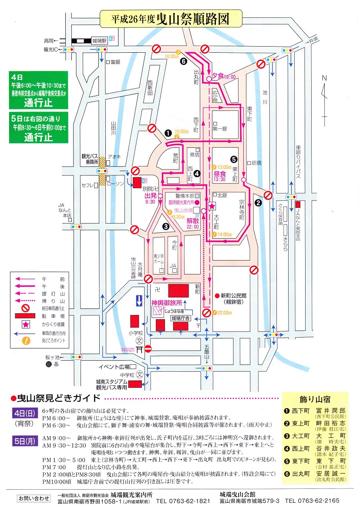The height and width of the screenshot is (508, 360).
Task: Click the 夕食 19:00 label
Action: coord(223,77)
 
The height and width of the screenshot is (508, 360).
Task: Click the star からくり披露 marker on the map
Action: coord(212,206)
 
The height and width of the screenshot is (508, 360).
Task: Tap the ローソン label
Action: coord(116,184)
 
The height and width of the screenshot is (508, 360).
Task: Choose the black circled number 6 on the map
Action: coord(184,61)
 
